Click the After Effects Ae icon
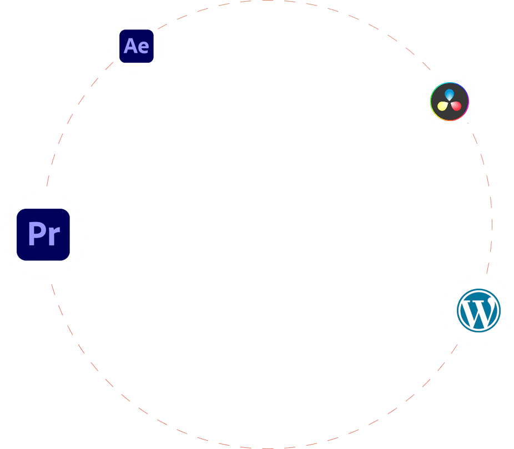click(137, 46)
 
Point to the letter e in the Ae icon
click(143, 47)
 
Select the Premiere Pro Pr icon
click(43, 235)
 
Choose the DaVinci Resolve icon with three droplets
click(450, 101)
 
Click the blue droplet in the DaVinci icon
click(450, 94)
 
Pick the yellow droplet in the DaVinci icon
click(443, 105)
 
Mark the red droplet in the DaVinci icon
click(456, 105)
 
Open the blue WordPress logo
click(478, 311)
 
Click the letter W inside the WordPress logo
click(478, 312)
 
